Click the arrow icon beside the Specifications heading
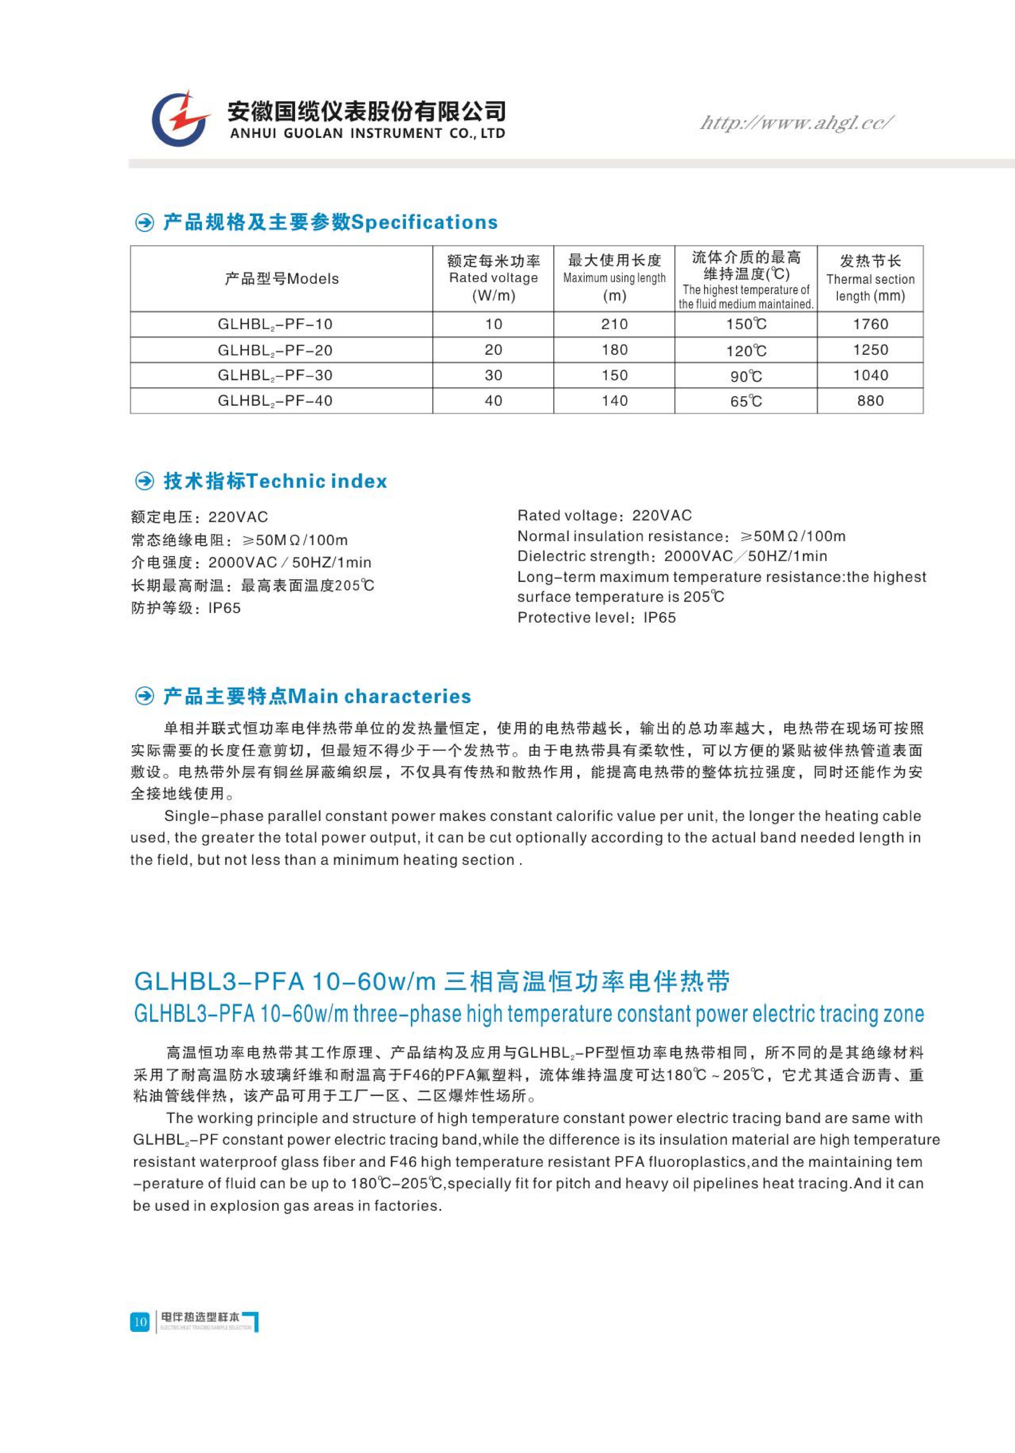pyautogui.click(x=145, y=223)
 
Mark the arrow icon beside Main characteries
pyautogui.click(x=145, y=697)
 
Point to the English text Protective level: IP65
pyautogui.click(x=596, y=618)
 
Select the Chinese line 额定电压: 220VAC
pyautogui.click(x=199, y=517)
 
